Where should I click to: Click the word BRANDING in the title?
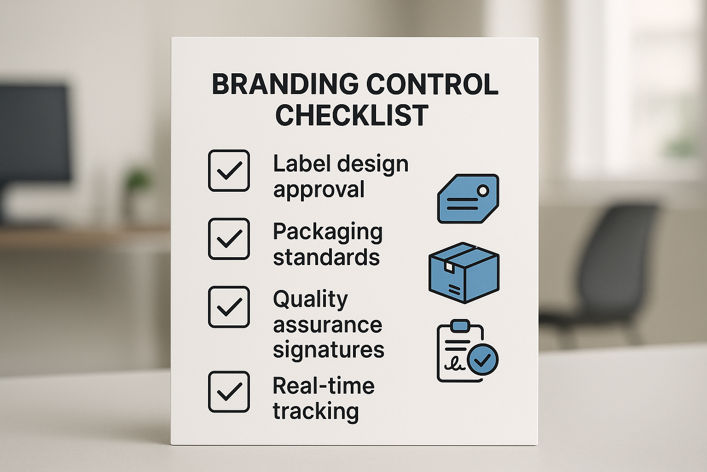point(284,84)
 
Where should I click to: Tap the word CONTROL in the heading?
point(432,84)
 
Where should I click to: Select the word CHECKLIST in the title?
point(352,115)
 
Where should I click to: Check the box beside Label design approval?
point(229,171)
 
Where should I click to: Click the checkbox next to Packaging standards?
point(229,239)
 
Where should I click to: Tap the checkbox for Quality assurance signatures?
point(229,307)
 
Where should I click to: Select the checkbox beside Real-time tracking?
point(229,392)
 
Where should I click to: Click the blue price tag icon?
point(468,199)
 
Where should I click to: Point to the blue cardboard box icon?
point(464,272)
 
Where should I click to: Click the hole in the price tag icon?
point(483,190)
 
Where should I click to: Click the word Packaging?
point(328,232)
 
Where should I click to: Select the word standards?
point(326,257)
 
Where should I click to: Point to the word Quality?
point(311,300)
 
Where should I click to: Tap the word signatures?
point(328,350)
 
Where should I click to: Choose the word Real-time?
point(324,386)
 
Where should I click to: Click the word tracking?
point(316,411)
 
